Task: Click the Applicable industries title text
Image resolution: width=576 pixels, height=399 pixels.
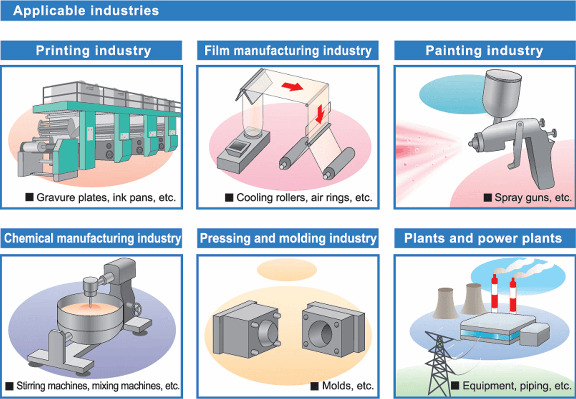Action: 86,10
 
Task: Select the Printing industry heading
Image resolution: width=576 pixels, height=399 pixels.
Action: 93,50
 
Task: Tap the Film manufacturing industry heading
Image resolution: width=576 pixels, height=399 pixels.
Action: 288,50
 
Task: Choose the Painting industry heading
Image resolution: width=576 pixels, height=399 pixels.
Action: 484,50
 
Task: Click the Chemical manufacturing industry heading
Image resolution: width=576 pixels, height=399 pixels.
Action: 92,238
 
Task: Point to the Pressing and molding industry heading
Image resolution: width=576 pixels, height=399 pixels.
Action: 288,238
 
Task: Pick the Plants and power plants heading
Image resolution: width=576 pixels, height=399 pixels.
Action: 483,238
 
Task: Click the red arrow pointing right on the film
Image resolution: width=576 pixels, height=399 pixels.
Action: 292,87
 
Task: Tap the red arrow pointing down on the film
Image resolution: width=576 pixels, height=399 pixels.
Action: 320,113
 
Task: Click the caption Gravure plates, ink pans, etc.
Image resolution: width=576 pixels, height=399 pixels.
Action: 106,197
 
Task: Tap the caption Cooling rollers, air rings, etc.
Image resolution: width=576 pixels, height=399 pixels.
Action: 304,197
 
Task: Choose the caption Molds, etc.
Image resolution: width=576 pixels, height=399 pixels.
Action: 348,386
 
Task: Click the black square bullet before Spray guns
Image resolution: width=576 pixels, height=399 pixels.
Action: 487,198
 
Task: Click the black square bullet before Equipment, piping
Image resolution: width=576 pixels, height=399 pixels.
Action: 455,386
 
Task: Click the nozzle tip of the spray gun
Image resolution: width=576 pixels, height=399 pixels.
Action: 470,143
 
